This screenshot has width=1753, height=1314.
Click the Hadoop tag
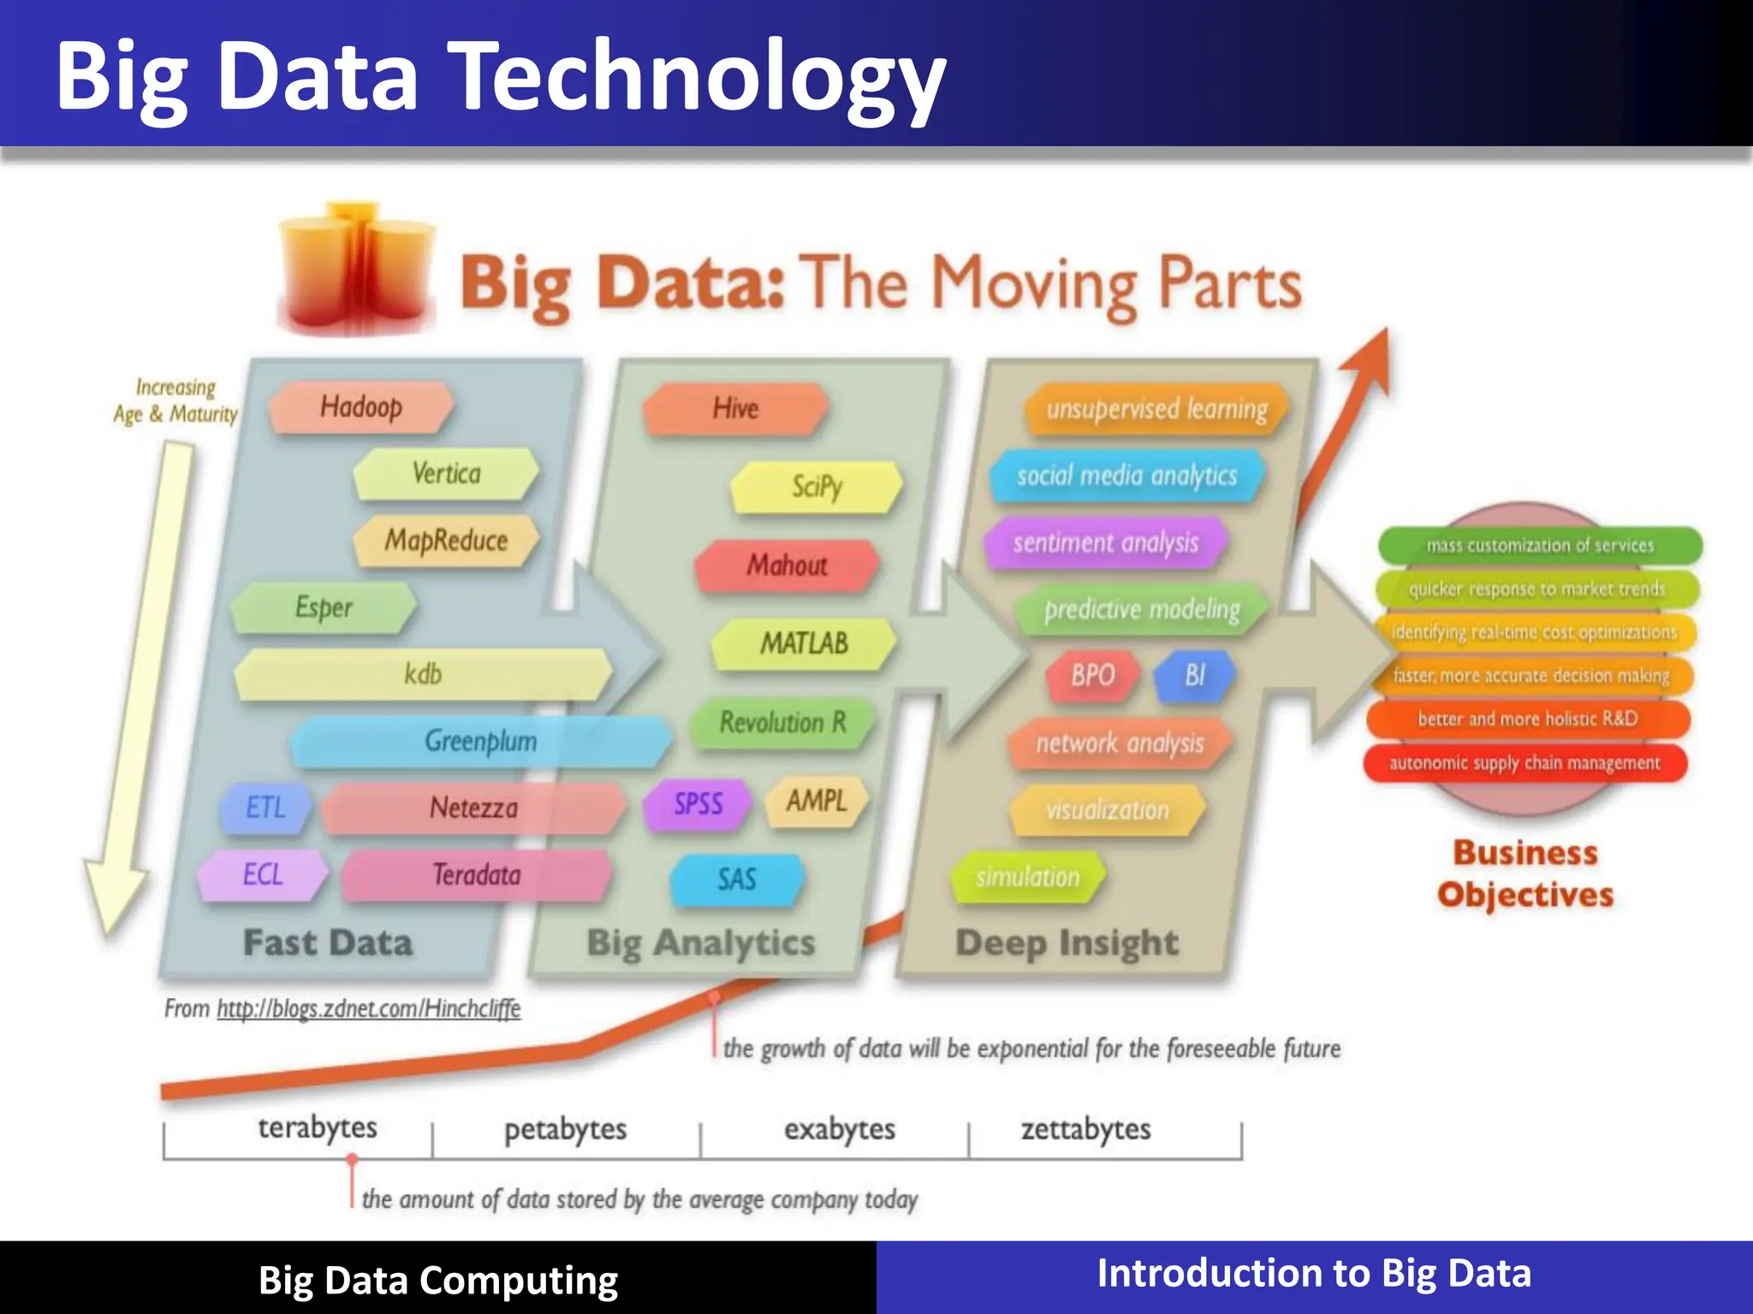pyautogui.click(x=360, y=407)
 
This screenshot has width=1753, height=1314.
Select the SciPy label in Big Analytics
pyautogui.click(x=817, y=487)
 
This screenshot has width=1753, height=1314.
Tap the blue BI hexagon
pyautogui.click(x=1194, y=676)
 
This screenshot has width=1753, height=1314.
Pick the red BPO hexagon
pyautogui.click(x=1093, y=676)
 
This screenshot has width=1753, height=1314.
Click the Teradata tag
pyautogui.click(x=476, y=875)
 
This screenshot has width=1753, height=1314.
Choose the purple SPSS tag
pyautogui.click(x=698, y=804)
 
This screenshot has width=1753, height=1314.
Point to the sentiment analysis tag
pyautogui.click(x=1105, y=543)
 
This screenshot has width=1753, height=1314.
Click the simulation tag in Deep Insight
pyautogui.click(x=1027, y=877)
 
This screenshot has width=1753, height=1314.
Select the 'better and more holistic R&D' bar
pyautogui.click(x=1527, y=719)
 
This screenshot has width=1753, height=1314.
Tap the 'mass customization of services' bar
pyautogui.click(x=1539, y=545)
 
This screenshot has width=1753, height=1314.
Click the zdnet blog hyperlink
pyautogui.click(x=368, y=1009)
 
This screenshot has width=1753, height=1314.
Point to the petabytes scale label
pyautogui.click(x=565, y=1129)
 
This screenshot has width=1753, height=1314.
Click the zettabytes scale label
pyautogui.click(x=1085, y=1129)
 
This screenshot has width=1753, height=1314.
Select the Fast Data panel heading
pyautogui.click(x=328, y=943)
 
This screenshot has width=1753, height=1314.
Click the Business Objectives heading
pyautogui.click(x=1525, y=873)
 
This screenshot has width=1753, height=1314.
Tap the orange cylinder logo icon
pyautogui.click(x=355, y=269)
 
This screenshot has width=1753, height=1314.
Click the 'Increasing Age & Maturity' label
pyautogui.click(x=175, y=400)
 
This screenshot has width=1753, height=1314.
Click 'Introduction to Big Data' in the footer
pyautogui.click(x=1314, y=1273)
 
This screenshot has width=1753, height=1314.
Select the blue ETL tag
pyautogui.click(x=265, y=807)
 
